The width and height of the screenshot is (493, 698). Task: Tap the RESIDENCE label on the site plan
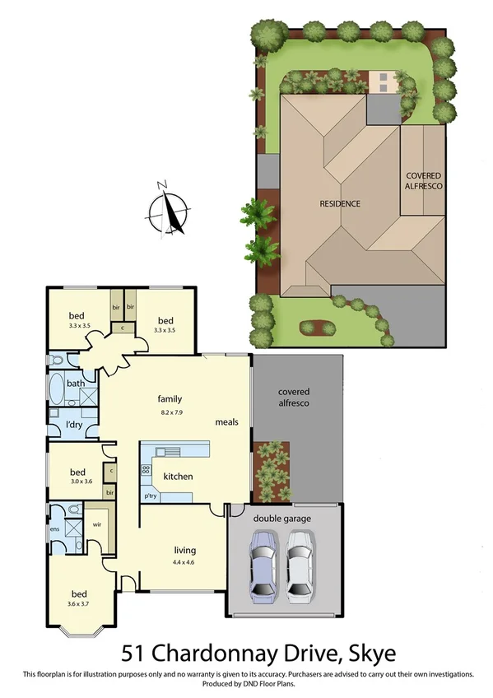340,203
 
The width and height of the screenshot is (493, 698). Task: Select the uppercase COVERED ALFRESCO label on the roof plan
424,181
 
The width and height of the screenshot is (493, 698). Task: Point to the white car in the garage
300,566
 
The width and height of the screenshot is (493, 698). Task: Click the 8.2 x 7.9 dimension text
169,411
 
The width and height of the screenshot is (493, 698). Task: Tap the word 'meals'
227,422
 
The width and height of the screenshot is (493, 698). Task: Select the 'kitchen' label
178,477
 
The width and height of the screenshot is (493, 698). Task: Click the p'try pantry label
151,496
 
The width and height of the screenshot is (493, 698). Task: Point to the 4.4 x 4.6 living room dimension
184,562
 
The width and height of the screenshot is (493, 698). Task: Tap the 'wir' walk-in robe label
95,523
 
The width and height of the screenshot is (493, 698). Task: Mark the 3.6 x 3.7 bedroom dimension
79,605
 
